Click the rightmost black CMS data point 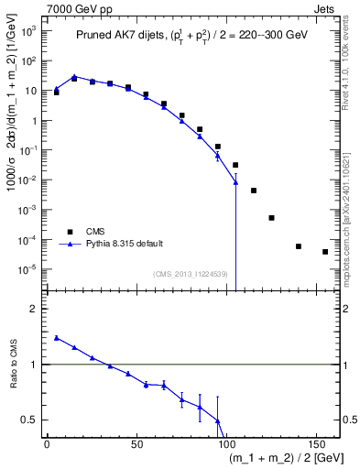[x=325, y=251]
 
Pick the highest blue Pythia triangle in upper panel [x=74, y=77]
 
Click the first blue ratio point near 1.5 [x=56, y=338]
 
